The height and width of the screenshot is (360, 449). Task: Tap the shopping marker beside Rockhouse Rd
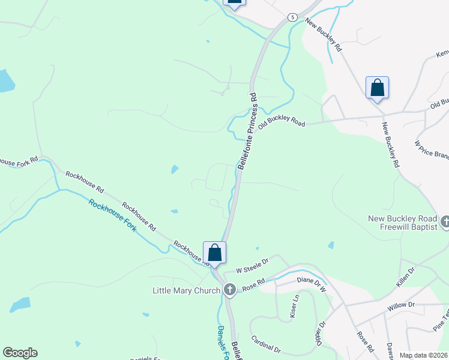click(214, 252)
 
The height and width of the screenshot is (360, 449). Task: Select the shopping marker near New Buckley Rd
click(377, 88)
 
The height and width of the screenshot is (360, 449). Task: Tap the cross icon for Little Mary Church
click(229, 290)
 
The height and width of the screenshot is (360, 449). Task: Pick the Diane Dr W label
click(311, 283)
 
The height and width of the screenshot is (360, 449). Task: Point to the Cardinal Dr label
click(266, 344)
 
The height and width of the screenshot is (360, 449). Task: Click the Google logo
click(19, 353)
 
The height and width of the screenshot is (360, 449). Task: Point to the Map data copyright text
click(423, 355)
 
